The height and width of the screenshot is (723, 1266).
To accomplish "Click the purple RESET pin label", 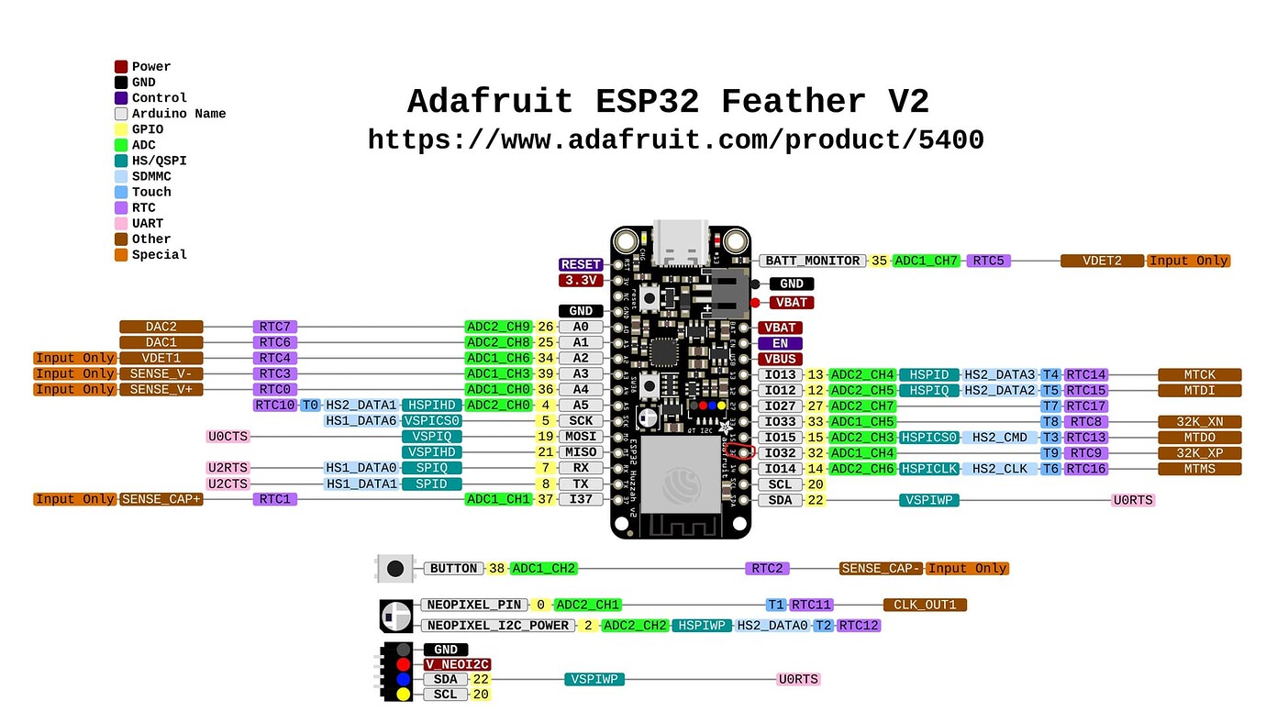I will (x=581, y=264).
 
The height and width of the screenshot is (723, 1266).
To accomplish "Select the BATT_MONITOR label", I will (x=812, y=261).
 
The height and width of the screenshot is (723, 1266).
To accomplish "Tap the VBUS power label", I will (x=780, y=359).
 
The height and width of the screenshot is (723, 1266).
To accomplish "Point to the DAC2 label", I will (x=161, y=327).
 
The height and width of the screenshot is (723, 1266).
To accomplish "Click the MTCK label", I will (x=1199, y=374).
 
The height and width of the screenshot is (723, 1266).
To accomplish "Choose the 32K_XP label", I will (x=1199, y=452).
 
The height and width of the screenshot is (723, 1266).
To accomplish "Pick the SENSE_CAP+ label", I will (x=161, y=499).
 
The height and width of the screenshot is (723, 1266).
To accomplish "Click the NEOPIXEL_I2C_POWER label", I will (x=498, y=625).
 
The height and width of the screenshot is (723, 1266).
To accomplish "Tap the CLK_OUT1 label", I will (x=925, y=605).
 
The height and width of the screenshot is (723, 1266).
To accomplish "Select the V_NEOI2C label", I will (x=456, y=664).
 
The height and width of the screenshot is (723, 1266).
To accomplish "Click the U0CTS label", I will (x=228, y=437).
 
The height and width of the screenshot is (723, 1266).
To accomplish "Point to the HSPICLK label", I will (x=929, y=469).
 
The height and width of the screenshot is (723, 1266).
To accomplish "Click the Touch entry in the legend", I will (x=151, y=192).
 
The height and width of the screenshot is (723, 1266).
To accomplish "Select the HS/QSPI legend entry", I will (x=159, y=161).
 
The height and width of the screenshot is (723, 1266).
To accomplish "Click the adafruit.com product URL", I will (x=675, y=139).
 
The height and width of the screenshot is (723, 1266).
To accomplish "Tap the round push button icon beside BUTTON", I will (x=394, y=569).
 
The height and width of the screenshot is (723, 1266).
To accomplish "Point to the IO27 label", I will (x=780, y=406).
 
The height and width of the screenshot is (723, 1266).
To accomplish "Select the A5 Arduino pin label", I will (x=581, y=405).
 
